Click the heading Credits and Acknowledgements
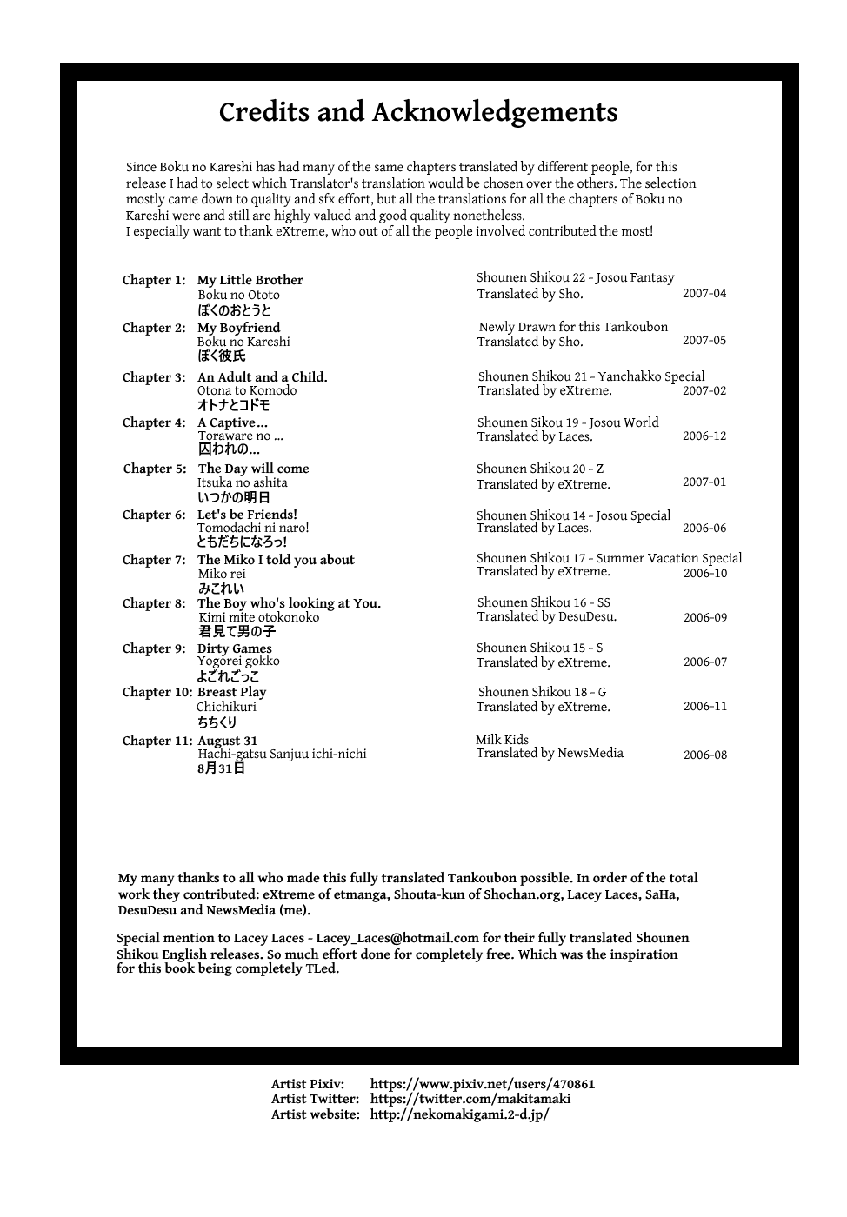418,113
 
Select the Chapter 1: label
154,280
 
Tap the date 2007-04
704,294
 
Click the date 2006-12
704,436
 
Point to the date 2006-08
704,755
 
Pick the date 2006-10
704,574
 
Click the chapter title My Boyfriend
238,328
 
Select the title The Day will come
253,469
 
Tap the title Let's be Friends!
247,515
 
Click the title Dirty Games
234,648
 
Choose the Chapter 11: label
157,741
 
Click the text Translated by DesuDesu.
546,617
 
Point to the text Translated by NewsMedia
549,754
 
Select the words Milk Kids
502,740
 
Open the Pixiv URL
482,1084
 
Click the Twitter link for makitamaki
470,1099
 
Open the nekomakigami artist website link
459,1114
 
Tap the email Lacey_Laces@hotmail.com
397,938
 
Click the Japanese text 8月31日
221,768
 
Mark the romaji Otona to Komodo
246,391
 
